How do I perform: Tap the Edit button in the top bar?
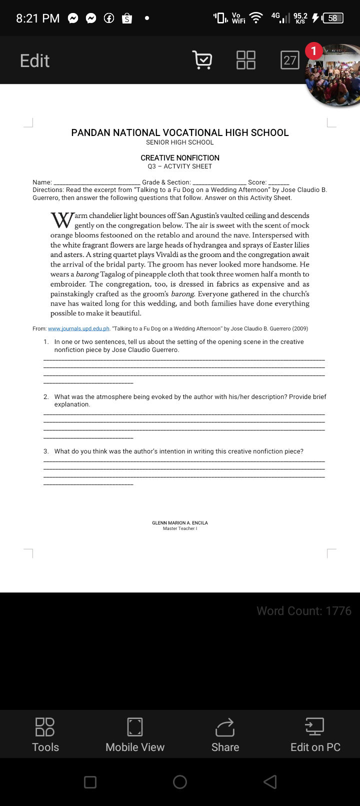[34, 60]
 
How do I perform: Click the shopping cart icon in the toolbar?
[202, 60]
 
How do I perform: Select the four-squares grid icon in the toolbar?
[245, 60]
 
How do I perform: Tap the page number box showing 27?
[290, 60]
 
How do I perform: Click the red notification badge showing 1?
[313, 50]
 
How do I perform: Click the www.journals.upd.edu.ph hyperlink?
[78, 328]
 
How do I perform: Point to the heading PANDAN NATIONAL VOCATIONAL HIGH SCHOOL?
[180, 132]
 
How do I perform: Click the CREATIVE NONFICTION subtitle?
[180, 157]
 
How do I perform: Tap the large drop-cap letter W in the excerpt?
[62, 220]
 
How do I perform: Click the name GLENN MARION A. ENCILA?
[180, 522]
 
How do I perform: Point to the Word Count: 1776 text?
[303, 610]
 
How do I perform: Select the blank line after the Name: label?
[96, 183]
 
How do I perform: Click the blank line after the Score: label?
[278, 183]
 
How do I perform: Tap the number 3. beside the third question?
[46, 451]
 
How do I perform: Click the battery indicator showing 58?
[332, 18]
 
